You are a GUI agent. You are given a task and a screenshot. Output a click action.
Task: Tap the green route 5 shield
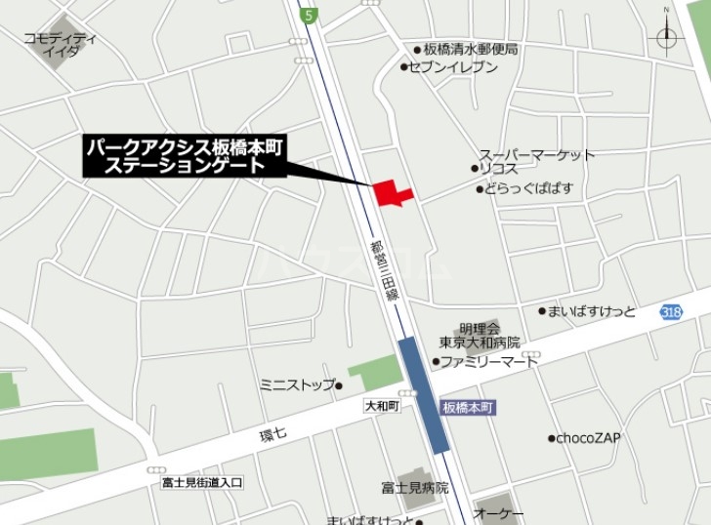(309, 15)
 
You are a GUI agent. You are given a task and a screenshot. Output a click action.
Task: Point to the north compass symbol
(667, 36)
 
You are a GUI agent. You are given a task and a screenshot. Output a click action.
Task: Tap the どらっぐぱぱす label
(529, 187)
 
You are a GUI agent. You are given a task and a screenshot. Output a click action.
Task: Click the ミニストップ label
(297, 384)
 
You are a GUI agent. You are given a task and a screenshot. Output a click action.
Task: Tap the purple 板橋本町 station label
(467, 406)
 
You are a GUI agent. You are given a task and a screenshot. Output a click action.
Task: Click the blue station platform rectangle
(424, 393)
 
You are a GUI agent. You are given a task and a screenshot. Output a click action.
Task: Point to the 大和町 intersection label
(382, 403)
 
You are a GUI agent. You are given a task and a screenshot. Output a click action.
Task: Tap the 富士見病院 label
(415, 487)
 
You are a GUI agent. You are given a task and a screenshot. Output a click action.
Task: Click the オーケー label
(499, 514)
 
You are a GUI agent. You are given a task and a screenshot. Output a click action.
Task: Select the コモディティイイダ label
(62, 44)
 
